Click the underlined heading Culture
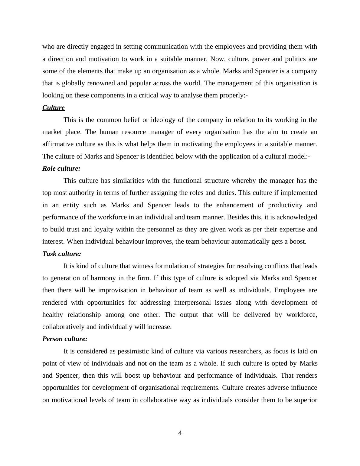pos(53,108)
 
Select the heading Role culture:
pos(61,169)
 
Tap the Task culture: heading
pos(62,254)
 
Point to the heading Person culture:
pos(65,339)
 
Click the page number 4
pos(180,433)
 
